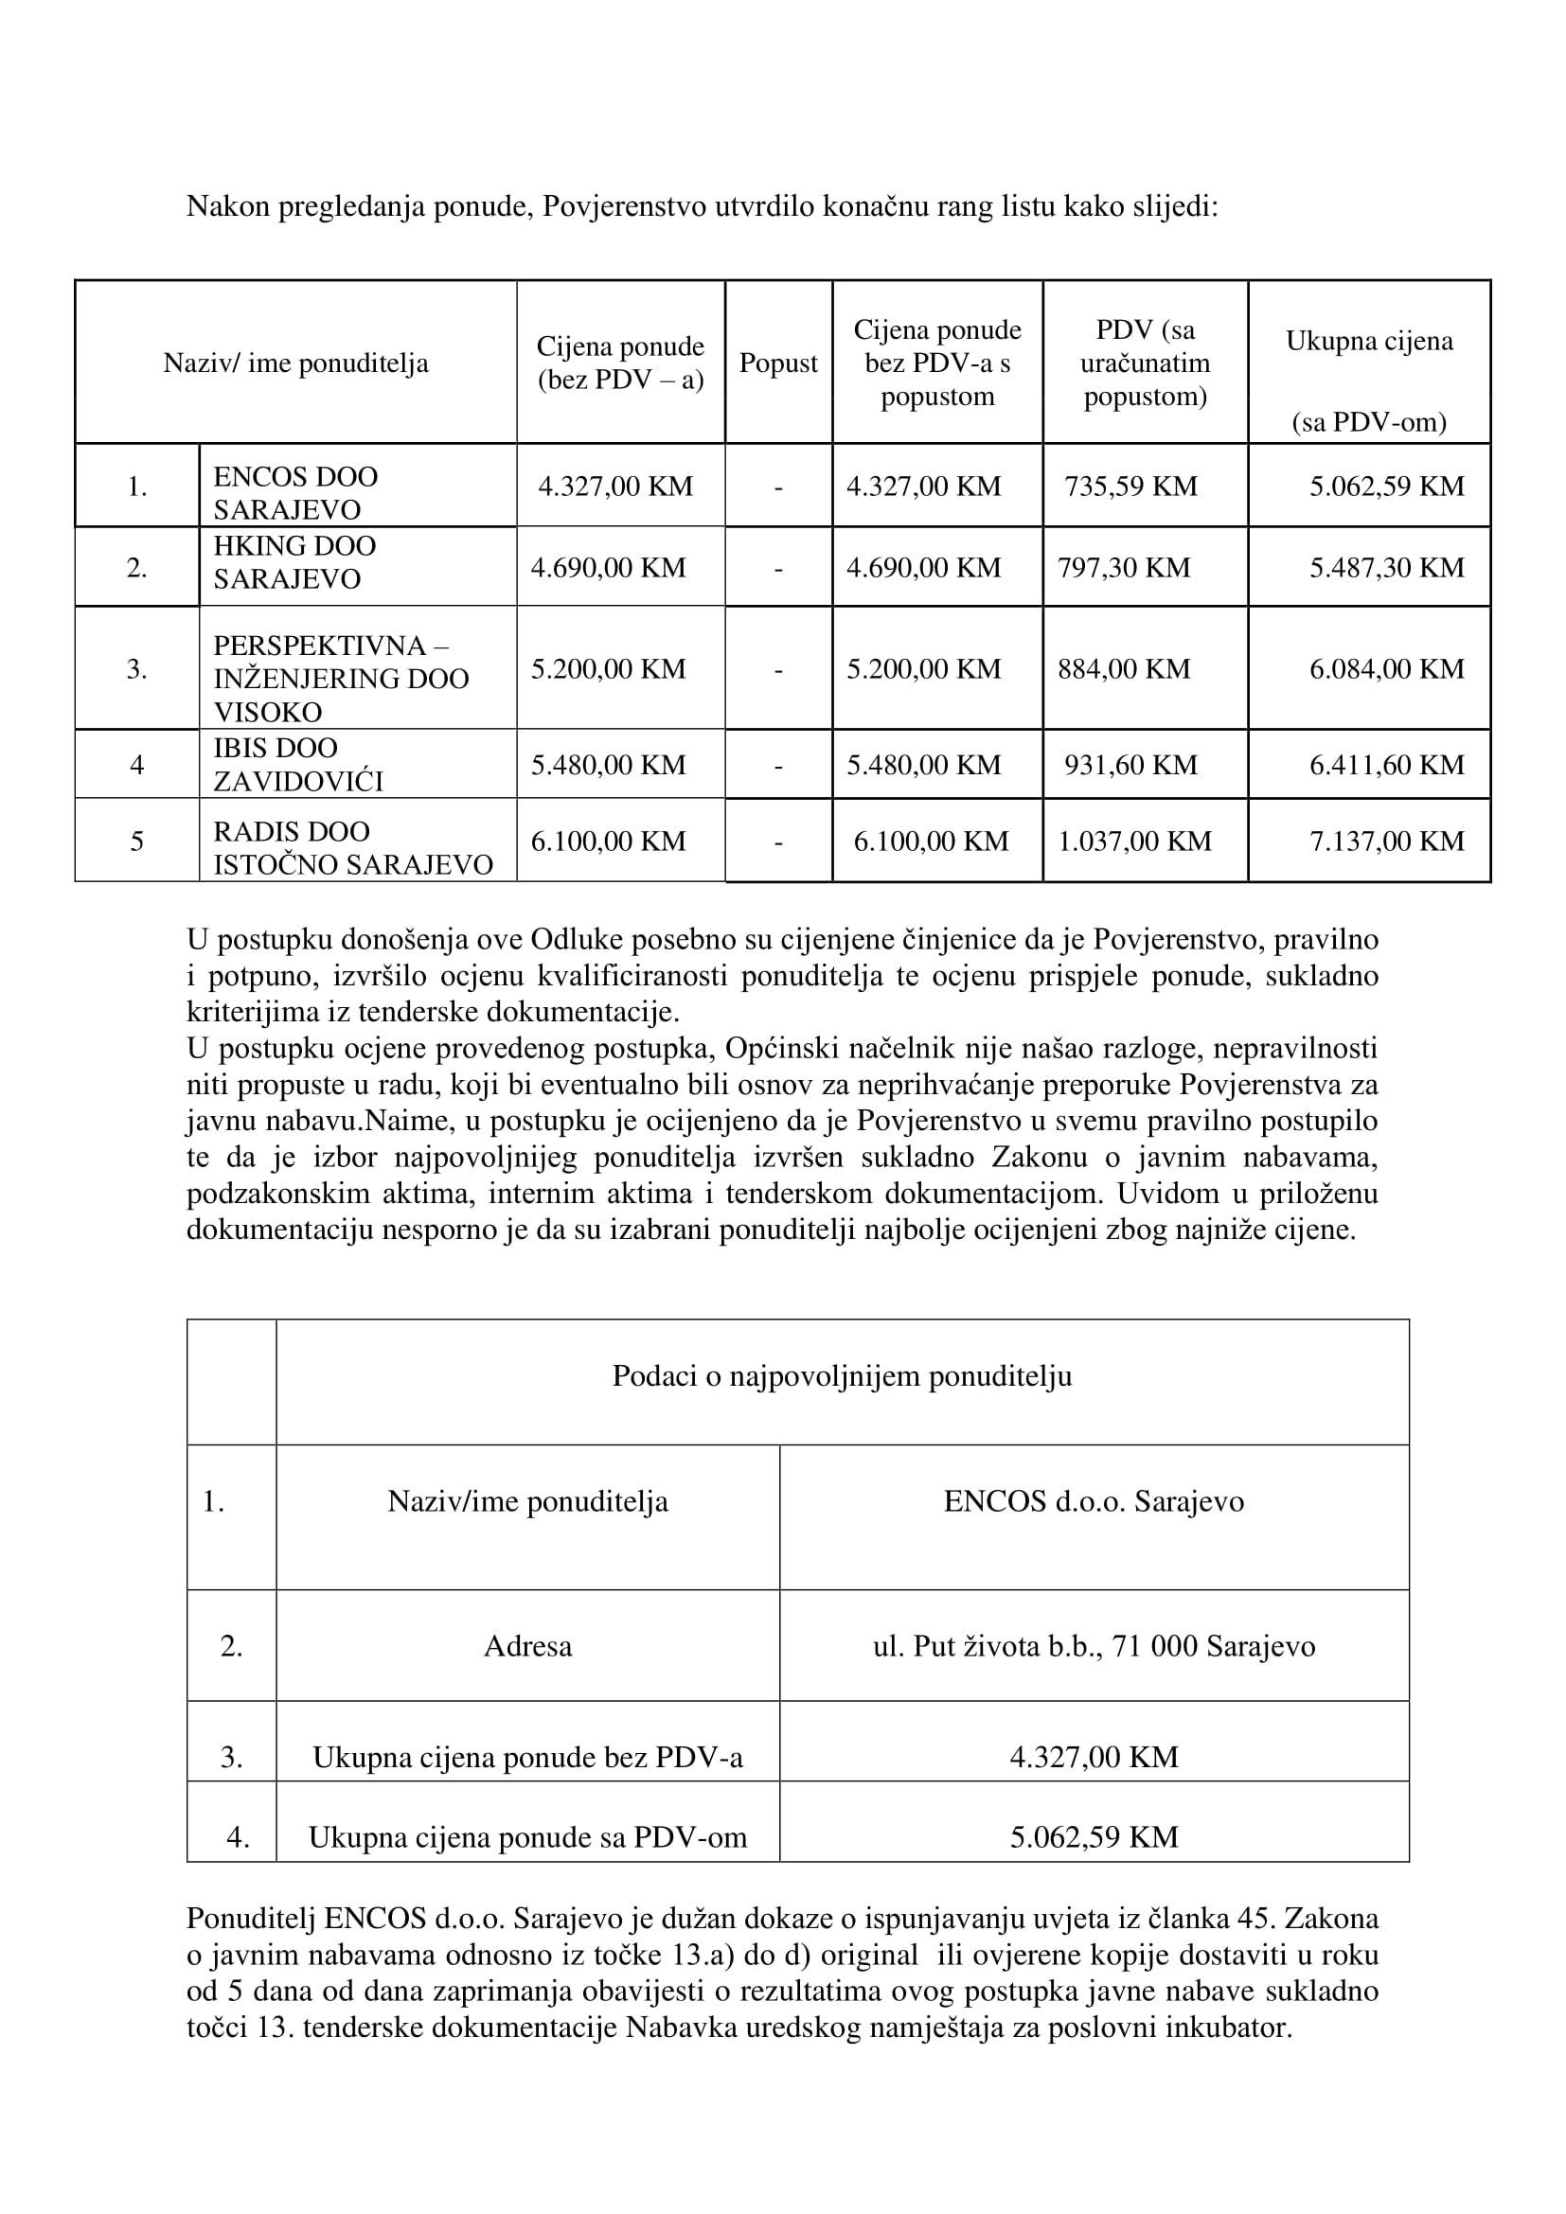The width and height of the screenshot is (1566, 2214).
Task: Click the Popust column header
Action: [x=777, y=363]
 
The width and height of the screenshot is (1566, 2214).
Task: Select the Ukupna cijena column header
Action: [x=1368, y=342]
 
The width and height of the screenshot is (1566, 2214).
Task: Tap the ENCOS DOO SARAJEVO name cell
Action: [x=295, y=493]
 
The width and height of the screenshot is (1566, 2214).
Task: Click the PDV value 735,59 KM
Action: [x=1130, y=486]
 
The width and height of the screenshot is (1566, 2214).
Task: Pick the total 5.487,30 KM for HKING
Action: [x=1386, y=568]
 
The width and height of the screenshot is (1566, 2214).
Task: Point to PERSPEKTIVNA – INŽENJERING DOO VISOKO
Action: [x=341, y=678]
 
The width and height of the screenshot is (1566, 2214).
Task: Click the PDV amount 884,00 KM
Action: [x=1124, y=669]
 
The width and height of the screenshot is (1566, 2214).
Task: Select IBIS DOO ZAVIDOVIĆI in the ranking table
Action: [x=297, y=765]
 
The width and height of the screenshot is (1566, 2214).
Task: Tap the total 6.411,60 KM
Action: [x=1386, y=766]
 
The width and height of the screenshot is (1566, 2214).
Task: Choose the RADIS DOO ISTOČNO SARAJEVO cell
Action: [x=352, y=847]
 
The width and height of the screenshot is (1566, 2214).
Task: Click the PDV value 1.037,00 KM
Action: [x=1134, y=841]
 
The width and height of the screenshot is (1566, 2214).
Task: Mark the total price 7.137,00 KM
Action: [x=1386, y=841]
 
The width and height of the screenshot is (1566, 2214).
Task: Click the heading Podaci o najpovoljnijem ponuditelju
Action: [x=841, y=1376]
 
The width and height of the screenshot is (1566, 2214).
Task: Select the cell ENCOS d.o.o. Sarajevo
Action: [x=1093, y=1501]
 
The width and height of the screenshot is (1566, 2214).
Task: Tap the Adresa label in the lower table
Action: [x=527, y=1646]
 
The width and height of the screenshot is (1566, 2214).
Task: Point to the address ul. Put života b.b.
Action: [x=1093, y=1646]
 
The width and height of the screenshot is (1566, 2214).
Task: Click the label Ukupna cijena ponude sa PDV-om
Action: [x=527, y=1837]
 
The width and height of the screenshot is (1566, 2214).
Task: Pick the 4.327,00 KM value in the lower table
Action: [x=1094, y=1757]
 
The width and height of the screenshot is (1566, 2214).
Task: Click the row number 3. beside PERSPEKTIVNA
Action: [x=137, y=669]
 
